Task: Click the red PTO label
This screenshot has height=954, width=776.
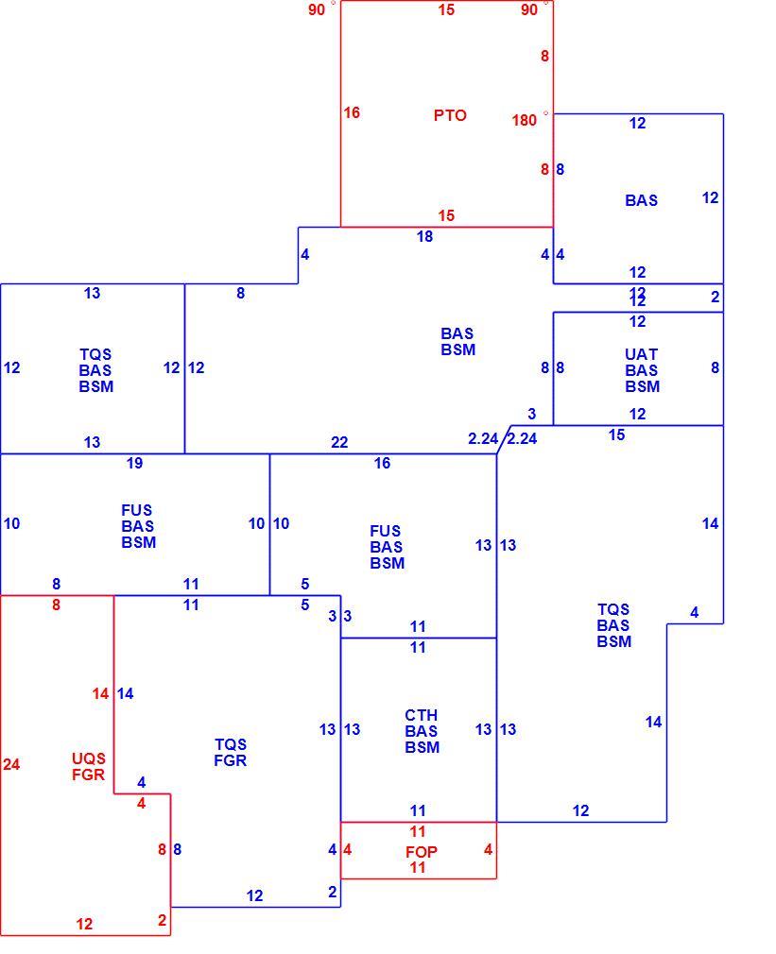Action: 450,115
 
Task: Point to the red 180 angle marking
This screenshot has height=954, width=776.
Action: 524,120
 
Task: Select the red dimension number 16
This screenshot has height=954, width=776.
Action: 352,112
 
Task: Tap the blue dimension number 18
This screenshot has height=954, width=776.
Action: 424,236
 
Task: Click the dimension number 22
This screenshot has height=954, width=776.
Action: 339,442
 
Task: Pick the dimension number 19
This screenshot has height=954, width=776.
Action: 134,463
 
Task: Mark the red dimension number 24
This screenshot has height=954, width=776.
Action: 11,764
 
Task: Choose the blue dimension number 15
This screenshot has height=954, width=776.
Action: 616,435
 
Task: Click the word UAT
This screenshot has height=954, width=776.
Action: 641,354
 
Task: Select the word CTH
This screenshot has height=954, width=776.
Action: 422,715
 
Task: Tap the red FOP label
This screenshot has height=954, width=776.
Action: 422,852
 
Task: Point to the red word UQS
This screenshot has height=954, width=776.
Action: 89,758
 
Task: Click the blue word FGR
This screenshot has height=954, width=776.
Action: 230,760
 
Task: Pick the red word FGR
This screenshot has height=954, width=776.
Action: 89,775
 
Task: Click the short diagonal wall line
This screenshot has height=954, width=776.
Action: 504,439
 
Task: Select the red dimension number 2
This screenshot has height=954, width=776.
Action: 162,920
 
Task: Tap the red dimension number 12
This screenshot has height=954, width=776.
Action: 85,924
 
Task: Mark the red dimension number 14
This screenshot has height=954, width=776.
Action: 100,693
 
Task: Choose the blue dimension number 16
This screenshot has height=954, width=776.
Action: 382,463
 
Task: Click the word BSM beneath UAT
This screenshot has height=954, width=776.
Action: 642,386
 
